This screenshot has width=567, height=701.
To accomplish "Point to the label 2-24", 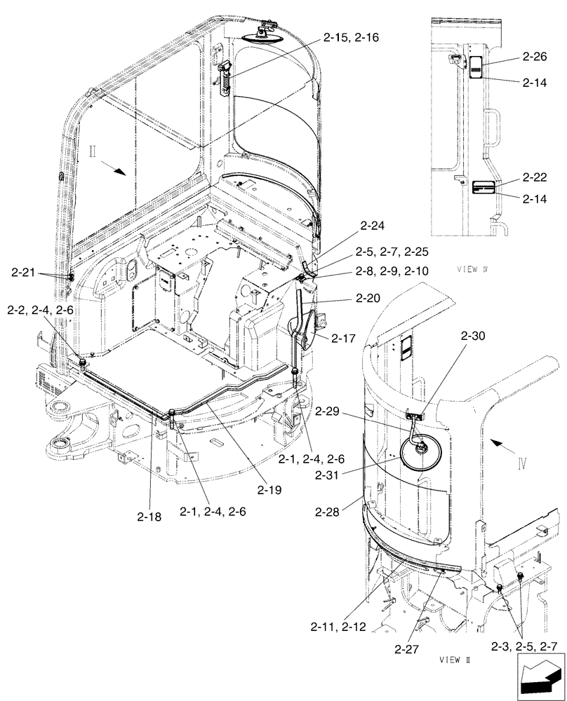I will point(373,226).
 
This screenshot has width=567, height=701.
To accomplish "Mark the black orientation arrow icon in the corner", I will point(540,678).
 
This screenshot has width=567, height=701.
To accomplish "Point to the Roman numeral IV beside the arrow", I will point(520,464).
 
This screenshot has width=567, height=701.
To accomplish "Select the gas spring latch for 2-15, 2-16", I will point(226,76).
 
